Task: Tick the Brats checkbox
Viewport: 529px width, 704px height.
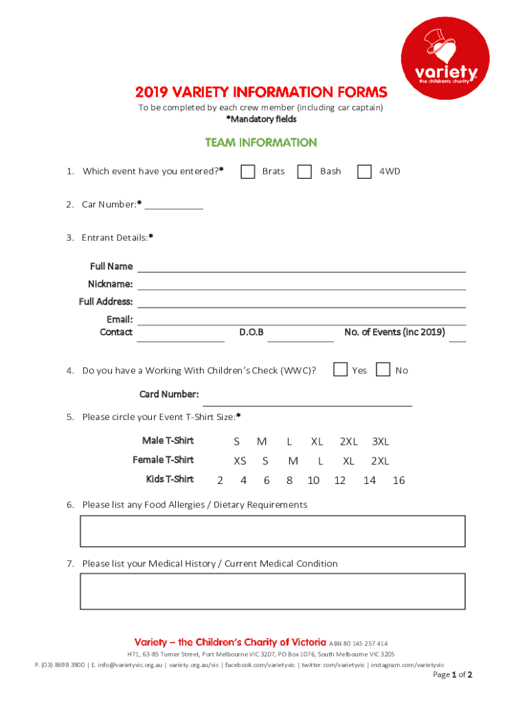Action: [x=248, y=171]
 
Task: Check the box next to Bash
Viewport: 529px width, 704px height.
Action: [x=304, y=171]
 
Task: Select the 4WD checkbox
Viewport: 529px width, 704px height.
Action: [x=365, y=171]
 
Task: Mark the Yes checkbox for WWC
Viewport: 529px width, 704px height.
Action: [x=340, y=370]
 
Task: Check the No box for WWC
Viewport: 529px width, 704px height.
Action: [x=384, y=370]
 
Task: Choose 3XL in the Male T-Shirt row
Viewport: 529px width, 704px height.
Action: [x=381, y=441]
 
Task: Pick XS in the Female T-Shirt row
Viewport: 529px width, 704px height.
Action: [x=240, y=461]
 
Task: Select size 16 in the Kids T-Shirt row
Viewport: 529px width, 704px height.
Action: [x=398, y=481]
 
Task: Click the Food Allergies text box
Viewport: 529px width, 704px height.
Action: [x=273, y=531]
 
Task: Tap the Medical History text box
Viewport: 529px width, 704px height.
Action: [x=273, y=591]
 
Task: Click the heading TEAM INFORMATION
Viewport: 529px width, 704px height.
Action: [x=261, y=143]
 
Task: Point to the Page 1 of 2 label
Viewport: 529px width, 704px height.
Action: [x=452, y=674]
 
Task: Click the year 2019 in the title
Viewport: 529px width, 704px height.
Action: [x=150, y=92]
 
